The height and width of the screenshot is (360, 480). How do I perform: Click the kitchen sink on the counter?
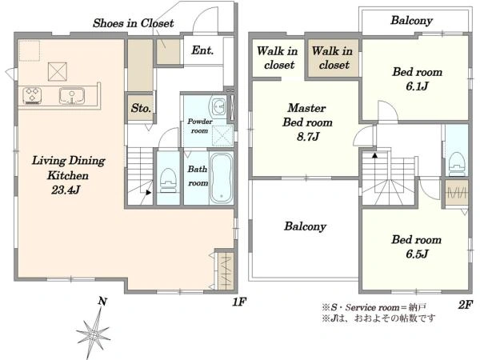coord(72,96)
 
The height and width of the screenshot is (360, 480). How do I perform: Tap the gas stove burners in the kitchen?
coord(32,96)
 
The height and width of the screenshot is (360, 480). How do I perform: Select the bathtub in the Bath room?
coord(221,178)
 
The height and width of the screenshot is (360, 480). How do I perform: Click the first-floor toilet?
coord(168,180)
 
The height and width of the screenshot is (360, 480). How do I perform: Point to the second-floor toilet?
coord(457,164)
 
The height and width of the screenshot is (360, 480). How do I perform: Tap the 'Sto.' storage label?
coord(141,108)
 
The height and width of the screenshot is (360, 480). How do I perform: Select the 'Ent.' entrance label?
coord(202,50)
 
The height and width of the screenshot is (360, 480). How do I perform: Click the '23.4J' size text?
coord(66,190)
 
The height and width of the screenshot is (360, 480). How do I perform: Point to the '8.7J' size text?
coord(308,136)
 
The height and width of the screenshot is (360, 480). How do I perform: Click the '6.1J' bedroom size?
coord(417,86)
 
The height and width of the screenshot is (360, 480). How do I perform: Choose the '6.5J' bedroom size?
coord(417,254)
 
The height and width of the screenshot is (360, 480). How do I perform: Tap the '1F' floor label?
coord(239,302)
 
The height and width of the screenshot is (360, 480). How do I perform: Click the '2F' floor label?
coord(466,304)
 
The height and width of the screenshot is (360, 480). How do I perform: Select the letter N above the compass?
coord(102,302)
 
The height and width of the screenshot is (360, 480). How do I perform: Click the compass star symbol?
coord(93,333)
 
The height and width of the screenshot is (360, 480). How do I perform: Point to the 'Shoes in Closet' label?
coord(133,23)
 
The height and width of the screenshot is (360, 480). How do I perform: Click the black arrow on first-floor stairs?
coord(149,193)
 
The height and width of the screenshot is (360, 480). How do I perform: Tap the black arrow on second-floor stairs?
coord(374,155)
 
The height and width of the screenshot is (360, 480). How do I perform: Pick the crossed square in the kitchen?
coord(58,72)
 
